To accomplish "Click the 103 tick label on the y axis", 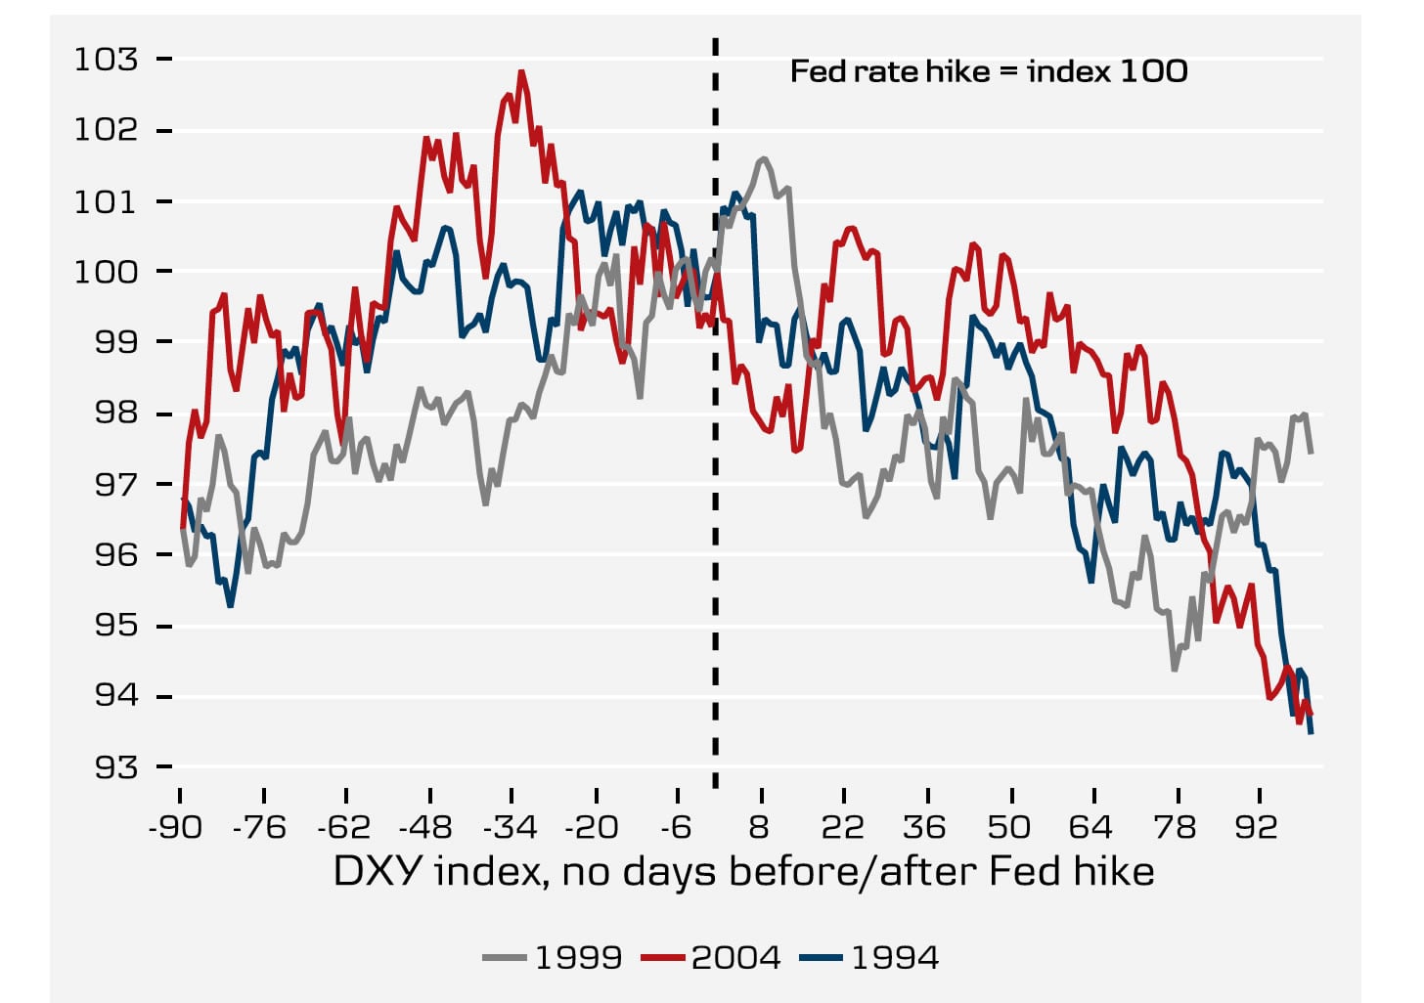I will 107,60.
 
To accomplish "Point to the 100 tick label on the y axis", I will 107,272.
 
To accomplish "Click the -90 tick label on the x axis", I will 175,828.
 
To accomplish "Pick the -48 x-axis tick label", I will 426,828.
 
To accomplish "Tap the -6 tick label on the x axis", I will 677,828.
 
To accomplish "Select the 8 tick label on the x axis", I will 760,828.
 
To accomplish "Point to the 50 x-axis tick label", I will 1008,828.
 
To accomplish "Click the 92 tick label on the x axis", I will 1257,828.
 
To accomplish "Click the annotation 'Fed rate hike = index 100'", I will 989,71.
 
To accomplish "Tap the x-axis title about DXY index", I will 743,871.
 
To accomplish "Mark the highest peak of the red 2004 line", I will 521,71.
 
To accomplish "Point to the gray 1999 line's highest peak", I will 763,157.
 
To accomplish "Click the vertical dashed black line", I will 715,489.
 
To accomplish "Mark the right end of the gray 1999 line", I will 1311,453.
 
